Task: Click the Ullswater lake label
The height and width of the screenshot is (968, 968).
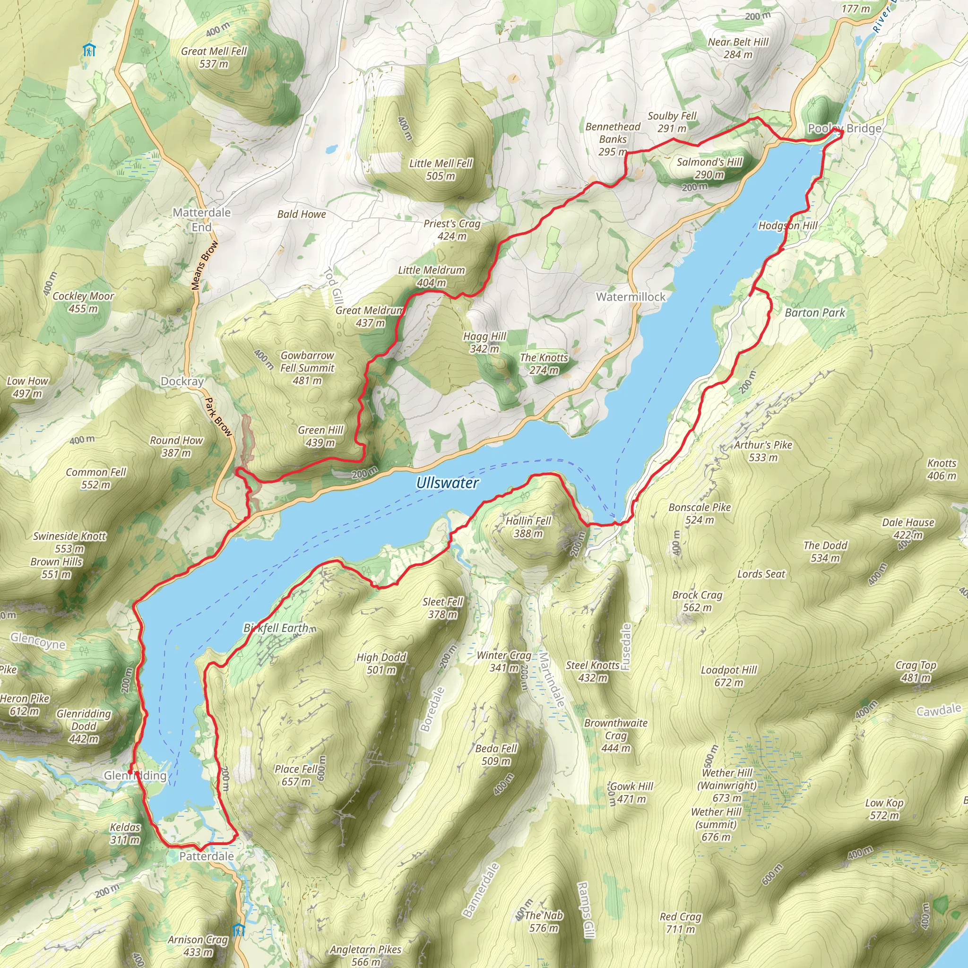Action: click(447, 483)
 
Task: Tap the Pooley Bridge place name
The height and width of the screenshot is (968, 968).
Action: click(844, 128)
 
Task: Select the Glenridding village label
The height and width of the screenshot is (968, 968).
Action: click(135, 775)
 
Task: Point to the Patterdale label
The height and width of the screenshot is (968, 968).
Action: click(207, 856)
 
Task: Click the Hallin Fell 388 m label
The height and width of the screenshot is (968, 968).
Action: click(528, 527)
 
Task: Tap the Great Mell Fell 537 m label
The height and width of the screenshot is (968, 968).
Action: click(214, 57)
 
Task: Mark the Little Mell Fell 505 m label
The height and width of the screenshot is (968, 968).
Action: click(441, 169)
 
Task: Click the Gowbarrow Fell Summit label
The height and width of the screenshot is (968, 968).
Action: click(307, 367)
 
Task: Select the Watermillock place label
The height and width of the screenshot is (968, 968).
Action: click(631, 297)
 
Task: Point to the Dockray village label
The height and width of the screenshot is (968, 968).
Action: click(182, 381)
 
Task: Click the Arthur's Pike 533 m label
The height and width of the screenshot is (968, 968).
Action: click(763, 451)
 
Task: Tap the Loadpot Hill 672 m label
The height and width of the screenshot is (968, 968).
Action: click(728, 676)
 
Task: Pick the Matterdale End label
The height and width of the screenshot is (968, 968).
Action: click(201, 219)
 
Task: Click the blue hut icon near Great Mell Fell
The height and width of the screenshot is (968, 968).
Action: click(89, 50)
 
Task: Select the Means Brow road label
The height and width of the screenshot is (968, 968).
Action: click(204, 265)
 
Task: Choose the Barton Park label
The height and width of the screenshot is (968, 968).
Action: click(815, 312)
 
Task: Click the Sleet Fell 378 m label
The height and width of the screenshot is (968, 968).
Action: click(442, 608)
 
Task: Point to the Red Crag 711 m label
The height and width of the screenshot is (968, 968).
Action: click(681, 923)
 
